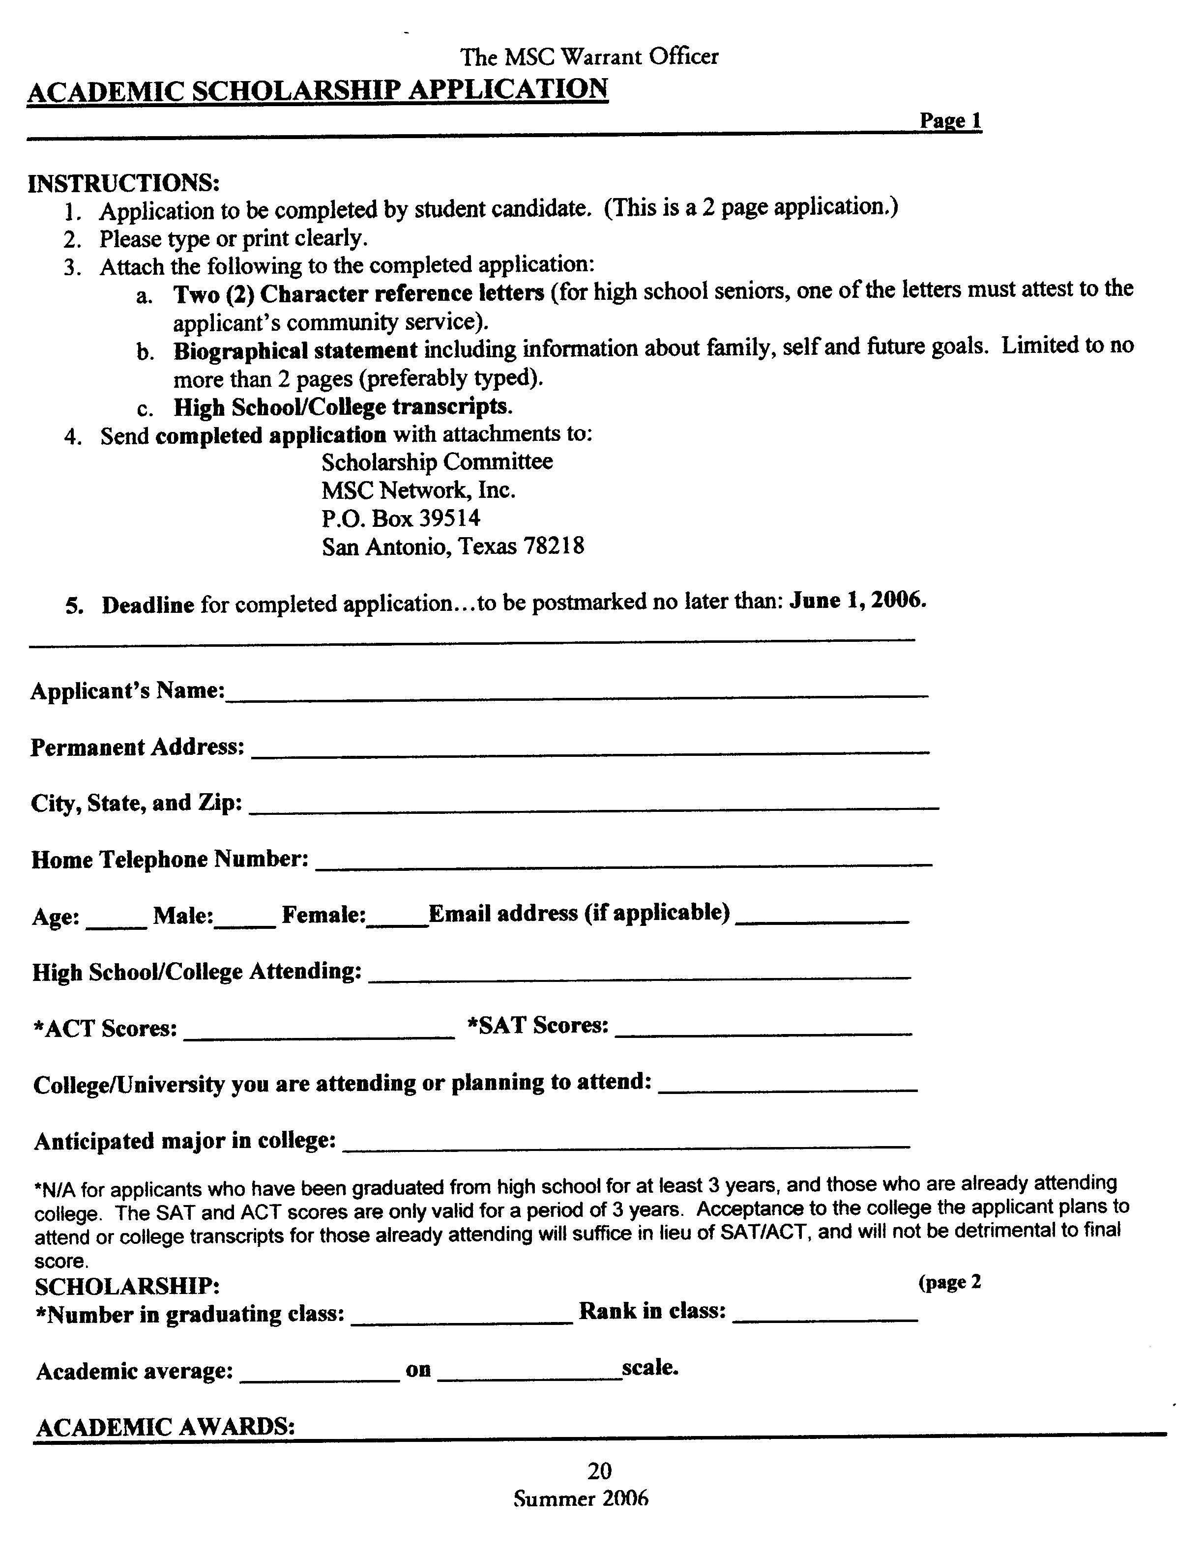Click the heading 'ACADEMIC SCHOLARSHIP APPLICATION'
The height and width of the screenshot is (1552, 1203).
(317, 91)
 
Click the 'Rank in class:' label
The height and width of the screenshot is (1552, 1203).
(652, 1310)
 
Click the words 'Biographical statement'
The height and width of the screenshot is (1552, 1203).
(295, 351)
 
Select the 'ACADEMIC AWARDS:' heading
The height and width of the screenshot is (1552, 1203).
(165, 1426)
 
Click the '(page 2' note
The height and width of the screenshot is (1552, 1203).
(949, 1282)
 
